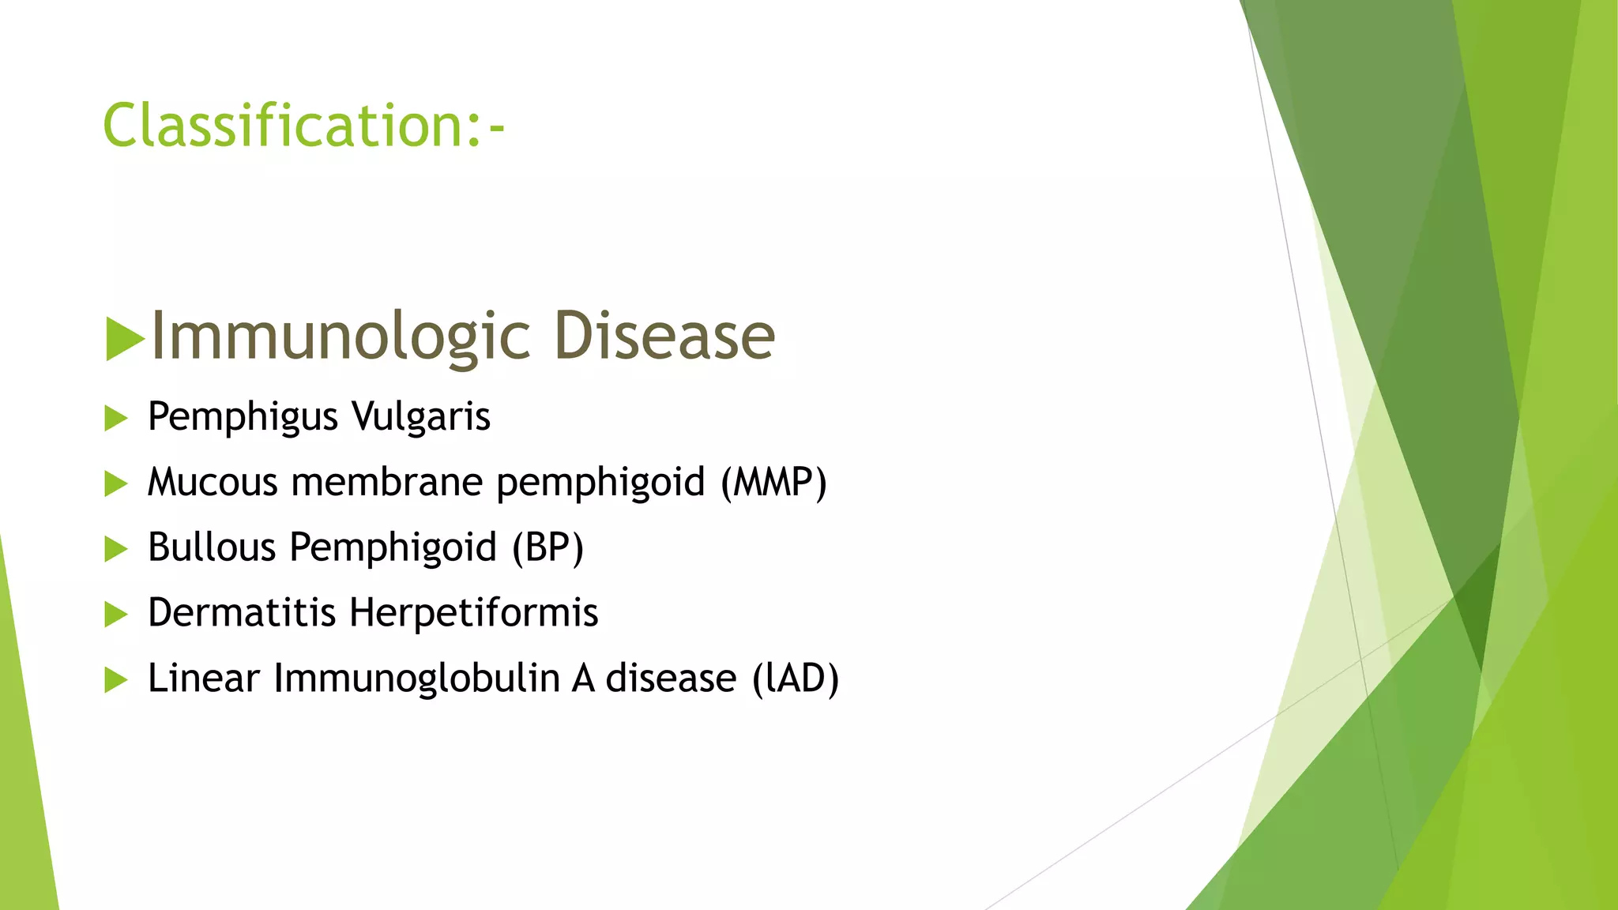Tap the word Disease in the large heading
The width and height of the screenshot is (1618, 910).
[664, 336]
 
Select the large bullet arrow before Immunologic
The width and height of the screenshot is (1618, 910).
[124, 339]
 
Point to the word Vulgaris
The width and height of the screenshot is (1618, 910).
[420, 418]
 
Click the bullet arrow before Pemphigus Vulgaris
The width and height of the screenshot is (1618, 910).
[115, 419]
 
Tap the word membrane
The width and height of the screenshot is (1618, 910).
[386, 483]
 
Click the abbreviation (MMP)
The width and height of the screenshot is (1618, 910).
[773, 483]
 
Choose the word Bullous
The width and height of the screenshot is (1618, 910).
[211, 547]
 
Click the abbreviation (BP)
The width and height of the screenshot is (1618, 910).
[547, 548]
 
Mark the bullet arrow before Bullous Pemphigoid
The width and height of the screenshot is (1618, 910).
[115, 549]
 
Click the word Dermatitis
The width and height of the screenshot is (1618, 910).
[242, 613]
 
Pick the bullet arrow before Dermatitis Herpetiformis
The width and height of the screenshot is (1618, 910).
[115, 615]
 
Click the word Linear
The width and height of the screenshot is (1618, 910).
[203, 679]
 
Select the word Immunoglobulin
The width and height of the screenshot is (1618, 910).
[416, 679]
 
